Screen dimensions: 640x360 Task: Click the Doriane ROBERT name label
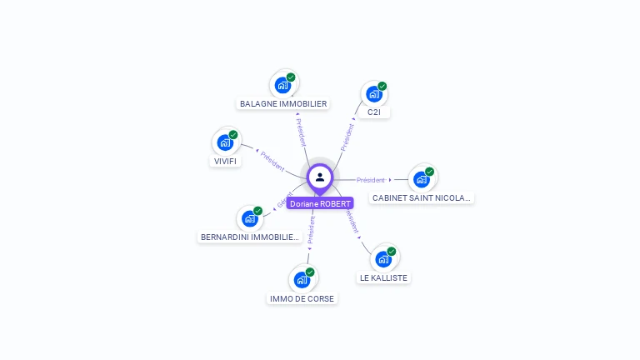click(x=320, y=203)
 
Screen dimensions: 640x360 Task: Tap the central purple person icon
click(x=320, y=177)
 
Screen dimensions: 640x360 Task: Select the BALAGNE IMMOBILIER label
click(x=283, y=104)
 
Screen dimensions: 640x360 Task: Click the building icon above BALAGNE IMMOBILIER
click(x=283, y=84)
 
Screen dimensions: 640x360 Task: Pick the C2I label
click(x=374, y=112)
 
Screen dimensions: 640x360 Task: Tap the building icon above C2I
click(x=374, y=93)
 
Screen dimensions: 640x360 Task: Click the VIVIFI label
click(x=225, y=161)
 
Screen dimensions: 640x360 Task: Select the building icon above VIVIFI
click(x=225, y=142)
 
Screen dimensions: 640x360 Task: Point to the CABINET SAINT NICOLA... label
click(x=422, y=198)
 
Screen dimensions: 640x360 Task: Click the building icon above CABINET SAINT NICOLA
click(x=422, y=179)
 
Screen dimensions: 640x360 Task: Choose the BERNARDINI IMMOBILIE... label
click(x=250, y=237)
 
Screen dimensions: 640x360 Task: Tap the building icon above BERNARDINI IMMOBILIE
click(x=249, y=218)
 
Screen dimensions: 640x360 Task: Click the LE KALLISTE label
click(x=384, y=277)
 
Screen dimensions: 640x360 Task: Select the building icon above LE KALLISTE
click(x=383, y=258)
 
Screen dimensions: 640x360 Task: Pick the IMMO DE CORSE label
click(x=302, y=298)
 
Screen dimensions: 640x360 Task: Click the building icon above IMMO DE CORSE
click(x=302, y=279)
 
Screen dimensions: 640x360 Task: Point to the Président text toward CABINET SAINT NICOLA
click(x=371, y=180)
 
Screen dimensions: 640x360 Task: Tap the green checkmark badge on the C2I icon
click(x=382, y=86)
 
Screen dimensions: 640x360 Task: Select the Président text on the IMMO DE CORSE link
click(x=312, y=229)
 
